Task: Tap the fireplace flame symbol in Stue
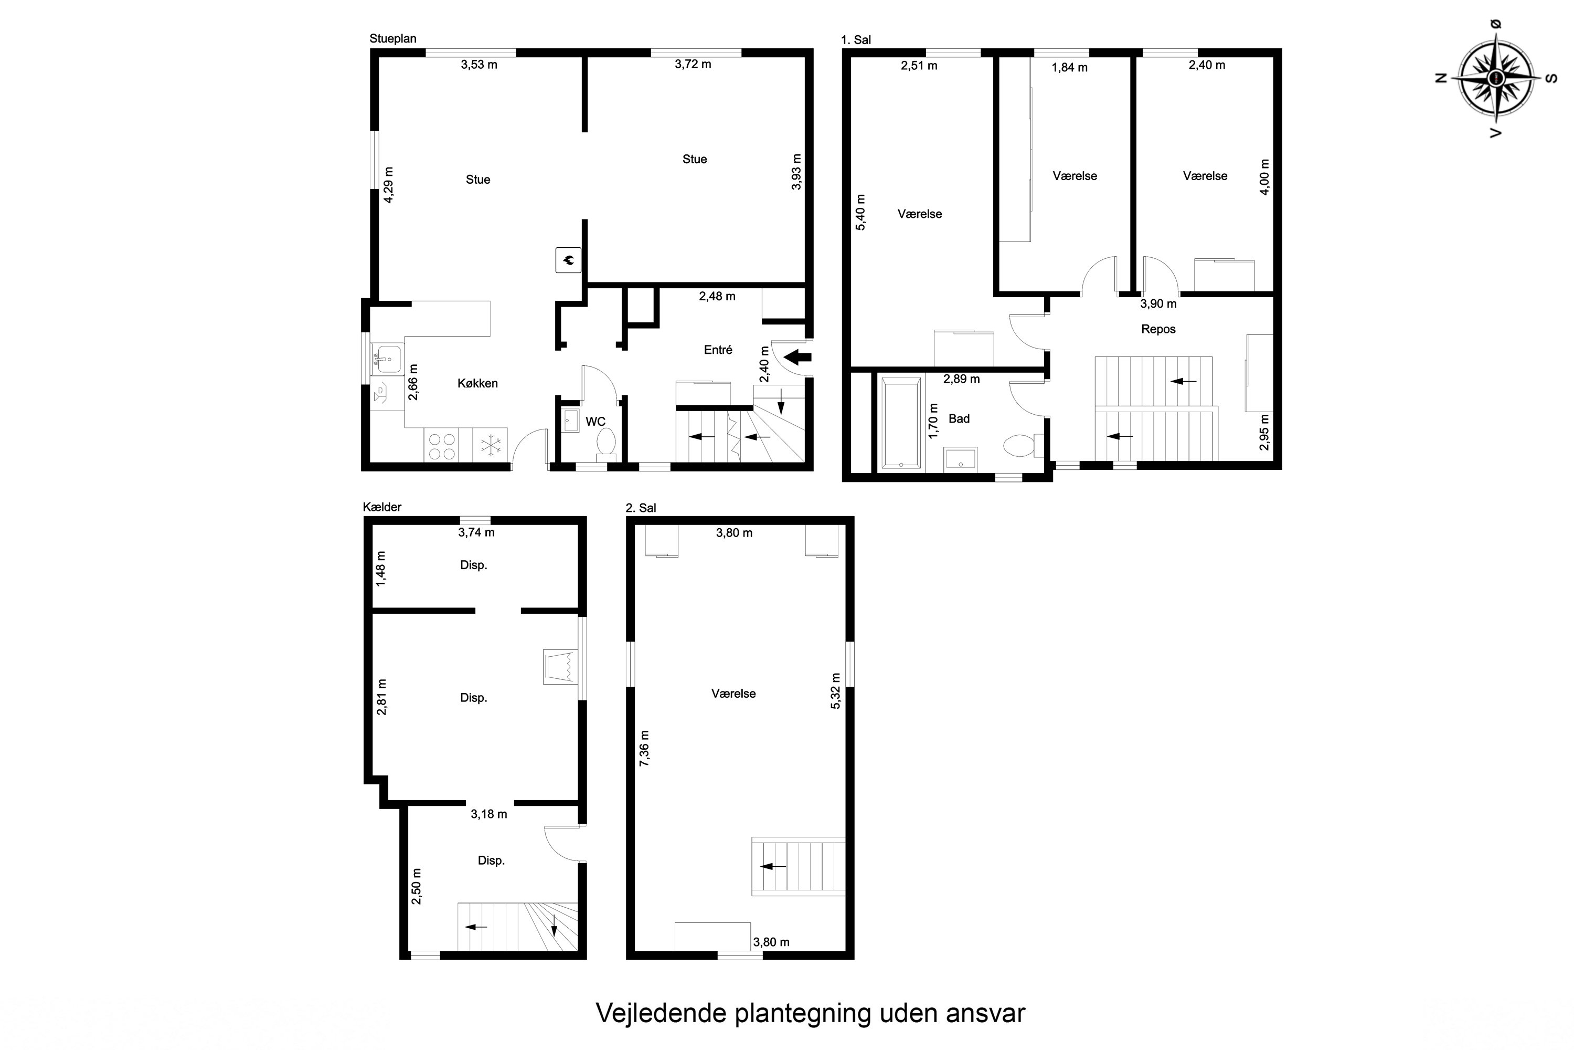pos(568,260)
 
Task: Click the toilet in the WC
pos(607,443)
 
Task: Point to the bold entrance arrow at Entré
pos(797,357)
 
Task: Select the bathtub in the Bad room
pos(901,423)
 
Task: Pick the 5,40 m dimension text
pos(860,212)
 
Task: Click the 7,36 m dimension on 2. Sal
pos(644,749)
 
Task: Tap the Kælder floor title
pos(382,507)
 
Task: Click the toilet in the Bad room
pos(1020,445)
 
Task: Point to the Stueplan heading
pos(393,39)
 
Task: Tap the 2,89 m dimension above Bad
pos(961,379)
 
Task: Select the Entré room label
pos(718,350)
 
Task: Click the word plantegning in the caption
pos(803,1013)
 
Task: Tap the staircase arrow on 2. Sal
pos(773,867)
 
